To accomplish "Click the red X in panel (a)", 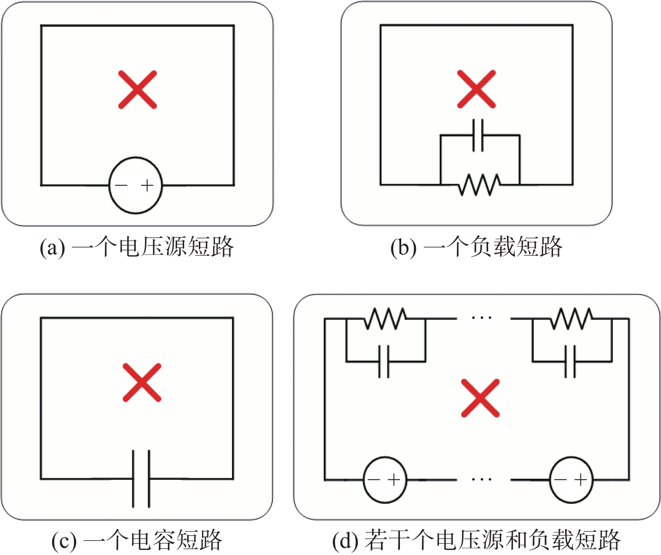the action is coord(137,90).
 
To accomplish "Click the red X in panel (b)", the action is coord(476,89).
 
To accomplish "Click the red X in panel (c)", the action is coord(142,383).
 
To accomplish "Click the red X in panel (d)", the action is coord(480,398).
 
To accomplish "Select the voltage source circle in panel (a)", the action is coord(136,158).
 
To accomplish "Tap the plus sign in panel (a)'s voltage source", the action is coord(147,185).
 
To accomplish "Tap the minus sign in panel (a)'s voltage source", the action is coord(121,185).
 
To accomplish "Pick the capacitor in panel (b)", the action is coord(478,135).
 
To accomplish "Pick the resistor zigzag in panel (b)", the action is coord(480,185).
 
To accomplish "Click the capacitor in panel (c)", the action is coord(141,479).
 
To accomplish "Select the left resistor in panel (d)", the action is coord(385,318).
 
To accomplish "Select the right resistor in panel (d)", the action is coord(571,318).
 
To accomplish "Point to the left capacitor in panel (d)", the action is coord(384,361).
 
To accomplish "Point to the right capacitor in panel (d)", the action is coord(570,361).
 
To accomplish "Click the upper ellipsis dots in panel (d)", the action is coord(481,317).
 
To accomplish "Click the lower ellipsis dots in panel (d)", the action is coord(481,479).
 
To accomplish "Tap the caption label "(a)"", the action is coord(52,248).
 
